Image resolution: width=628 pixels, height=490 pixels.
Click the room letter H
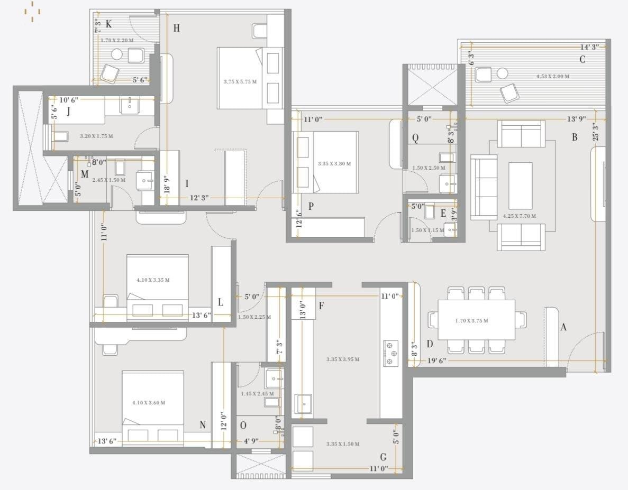[x=176, y=28]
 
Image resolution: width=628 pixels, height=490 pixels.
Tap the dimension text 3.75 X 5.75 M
[x=240, y=82]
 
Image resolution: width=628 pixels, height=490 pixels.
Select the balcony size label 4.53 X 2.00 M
[x=552, y=77]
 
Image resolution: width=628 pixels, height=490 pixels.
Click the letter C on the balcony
[x=582, y=60]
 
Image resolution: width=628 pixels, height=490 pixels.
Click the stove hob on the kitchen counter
[x=391, y=353]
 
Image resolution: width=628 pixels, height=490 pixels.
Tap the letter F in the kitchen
[x=321, y=306]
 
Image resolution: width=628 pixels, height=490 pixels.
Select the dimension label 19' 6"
[x=436, y=360]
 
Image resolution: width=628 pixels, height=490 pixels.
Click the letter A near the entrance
[x=563, y=327]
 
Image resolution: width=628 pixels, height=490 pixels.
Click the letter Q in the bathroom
[x=415, y=138]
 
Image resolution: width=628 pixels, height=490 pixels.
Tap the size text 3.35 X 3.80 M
[x=334, y=164]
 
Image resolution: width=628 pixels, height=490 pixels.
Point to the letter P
[x=311, y=207]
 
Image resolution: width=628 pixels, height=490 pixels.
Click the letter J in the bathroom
[x=68, y=112]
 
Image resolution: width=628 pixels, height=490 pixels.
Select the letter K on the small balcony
[x=108, y=24]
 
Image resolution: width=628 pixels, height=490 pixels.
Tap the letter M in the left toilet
[x=85, y=174]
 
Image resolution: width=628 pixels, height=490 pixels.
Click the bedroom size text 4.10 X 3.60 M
[x=149, y=403]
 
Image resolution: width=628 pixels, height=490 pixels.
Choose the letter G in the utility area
[x=383, y=457]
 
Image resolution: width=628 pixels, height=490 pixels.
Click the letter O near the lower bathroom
[x=243, y=426]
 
